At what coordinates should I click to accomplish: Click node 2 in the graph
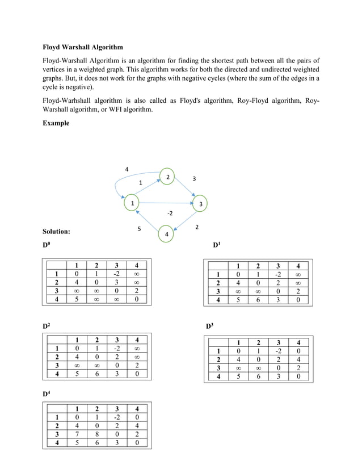click(x=167, y=177)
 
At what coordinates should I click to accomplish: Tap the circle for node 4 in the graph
click(x=166, y=234)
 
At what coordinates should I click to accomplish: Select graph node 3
click(x=200, y=204)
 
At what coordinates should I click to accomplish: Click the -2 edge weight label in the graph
click(x=169, y=213)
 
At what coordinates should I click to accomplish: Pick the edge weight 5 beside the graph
click(x=139, y=228)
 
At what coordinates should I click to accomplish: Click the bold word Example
click(x=56, y=123)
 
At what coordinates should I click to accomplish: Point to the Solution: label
click(x=57, y=232)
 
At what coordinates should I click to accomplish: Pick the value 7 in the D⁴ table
click(x=75, y=434)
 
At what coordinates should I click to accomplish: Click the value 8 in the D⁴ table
click(x=96, y=434)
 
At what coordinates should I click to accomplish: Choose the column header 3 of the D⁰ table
click(x=116, y=265)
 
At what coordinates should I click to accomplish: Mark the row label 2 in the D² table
click(x=57, y=357)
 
